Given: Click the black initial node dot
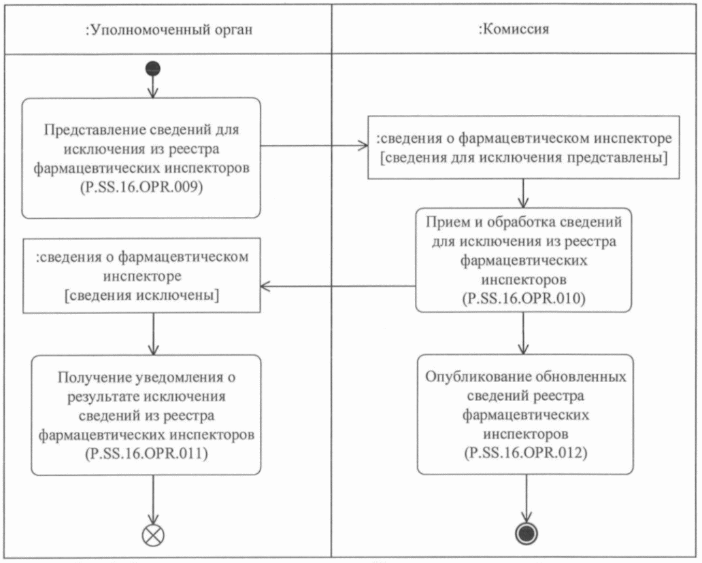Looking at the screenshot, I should [152, 67].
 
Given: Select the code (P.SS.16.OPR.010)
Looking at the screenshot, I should [523, 298].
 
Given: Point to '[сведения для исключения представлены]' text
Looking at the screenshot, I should [523, 159].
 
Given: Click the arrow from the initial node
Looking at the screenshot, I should [152, 86].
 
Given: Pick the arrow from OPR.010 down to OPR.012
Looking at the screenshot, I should [523, 333].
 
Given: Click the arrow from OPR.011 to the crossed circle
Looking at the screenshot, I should [152, 500].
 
